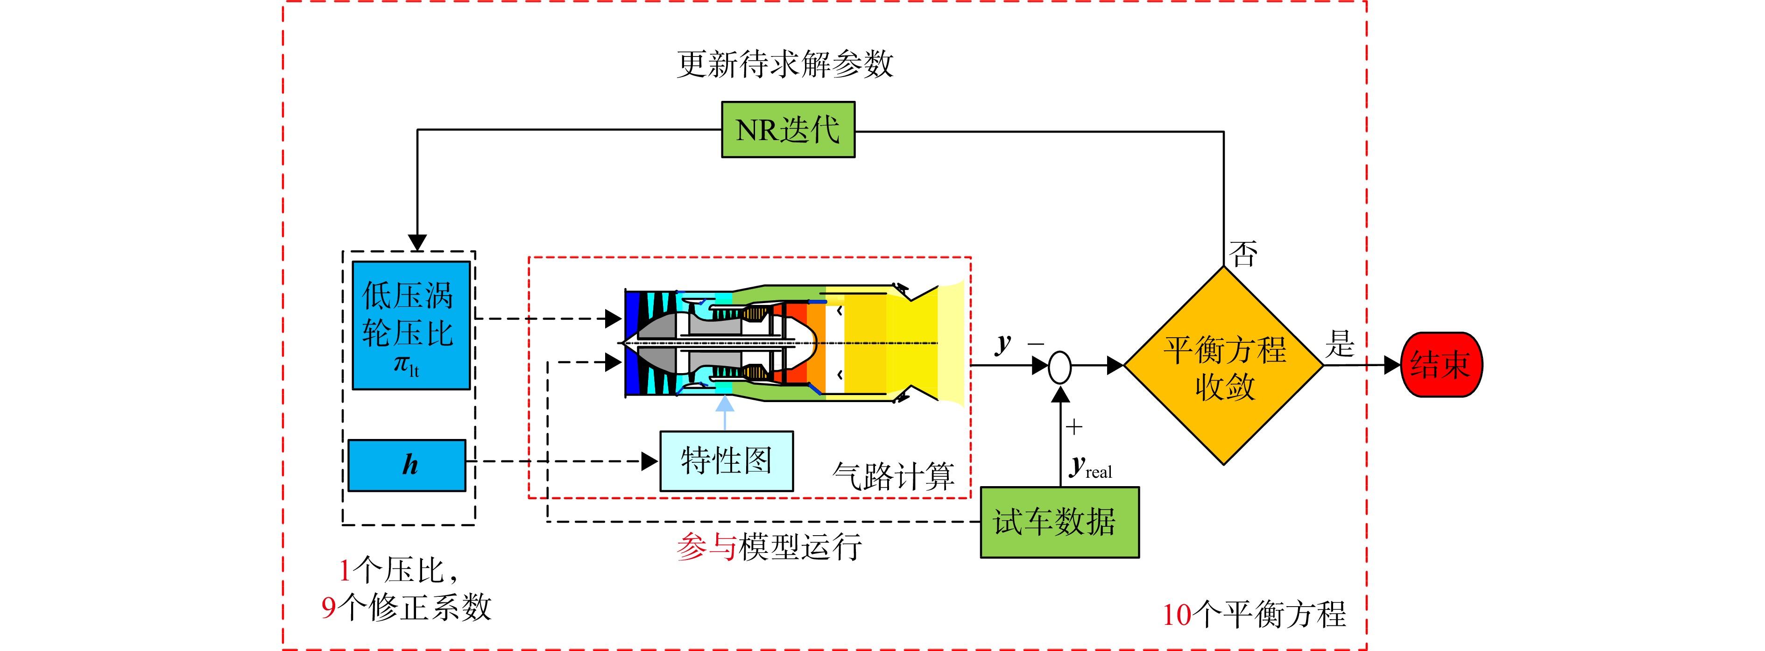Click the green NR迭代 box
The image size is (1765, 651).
(x=788, y=129)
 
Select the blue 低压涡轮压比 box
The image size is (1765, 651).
(x=411, y=325)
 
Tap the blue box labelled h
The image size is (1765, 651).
(x=407, y=465)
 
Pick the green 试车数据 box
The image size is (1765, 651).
(x=1059, y=522)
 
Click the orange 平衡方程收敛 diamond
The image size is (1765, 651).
(x=1224, y=365)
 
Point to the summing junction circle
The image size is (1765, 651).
(x=1060, y=367)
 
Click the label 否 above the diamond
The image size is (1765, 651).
(x=1243, y=254)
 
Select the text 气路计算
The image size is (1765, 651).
(x=893, y=475)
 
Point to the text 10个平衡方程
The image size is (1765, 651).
(x=1254, y=614)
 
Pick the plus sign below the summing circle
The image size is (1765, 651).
(x=1074, y=427)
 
